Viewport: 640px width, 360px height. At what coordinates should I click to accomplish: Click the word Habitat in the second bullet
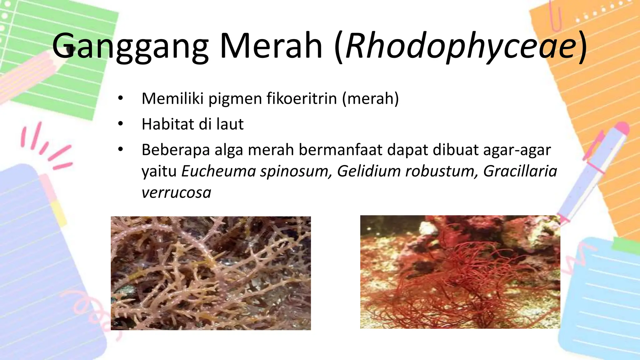[x=167, y=124]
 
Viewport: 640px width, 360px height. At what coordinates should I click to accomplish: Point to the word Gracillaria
[x=520, y=171]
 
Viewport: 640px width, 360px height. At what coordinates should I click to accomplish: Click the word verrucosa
[x=176, y=192]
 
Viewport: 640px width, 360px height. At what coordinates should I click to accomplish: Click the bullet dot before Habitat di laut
[x=121, y=124]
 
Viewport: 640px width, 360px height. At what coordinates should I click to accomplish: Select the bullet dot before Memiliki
[x=121, y=98]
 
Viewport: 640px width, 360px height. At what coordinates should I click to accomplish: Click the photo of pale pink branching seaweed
[x=211, y=273]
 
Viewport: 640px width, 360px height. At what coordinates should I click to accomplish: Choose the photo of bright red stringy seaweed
[x=460, y=272]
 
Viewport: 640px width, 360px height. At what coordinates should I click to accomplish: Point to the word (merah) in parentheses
[x=370, y=98]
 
